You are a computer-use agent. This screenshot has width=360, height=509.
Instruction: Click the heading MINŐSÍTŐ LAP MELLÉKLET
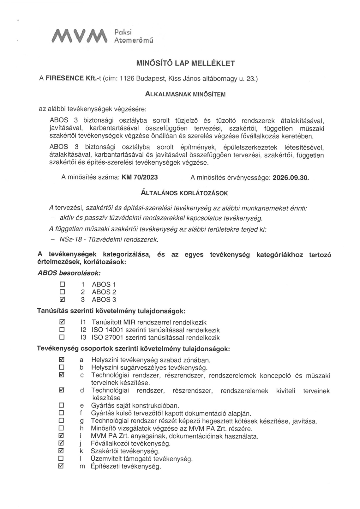point(185,63)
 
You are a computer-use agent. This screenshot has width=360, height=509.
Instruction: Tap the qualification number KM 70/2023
point(140,178)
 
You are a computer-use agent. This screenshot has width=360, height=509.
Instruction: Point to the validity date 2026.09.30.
point(290,178)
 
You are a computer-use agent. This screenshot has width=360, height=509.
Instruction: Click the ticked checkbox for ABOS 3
point(62,299)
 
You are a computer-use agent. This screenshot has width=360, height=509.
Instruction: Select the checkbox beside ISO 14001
point(62,330)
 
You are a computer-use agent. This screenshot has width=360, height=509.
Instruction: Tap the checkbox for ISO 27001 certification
point(62,337)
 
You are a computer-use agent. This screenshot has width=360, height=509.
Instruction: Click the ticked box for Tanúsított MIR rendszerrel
point(62,322)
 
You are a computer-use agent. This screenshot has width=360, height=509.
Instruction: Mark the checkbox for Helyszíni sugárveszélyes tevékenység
point(62,367)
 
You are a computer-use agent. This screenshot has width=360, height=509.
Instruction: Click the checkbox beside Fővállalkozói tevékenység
point(62,443)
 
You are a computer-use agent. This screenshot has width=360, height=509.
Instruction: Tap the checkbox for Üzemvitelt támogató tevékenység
point(62,458)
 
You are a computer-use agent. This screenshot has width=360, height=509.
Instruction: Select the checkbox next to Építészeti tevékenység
point(62,466)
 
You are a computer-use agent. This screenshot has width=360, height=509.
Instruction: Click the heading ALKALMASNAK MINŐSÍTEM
point(185,94)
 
